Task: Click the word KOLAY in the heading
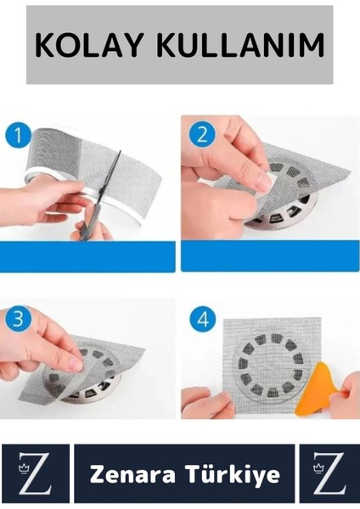coord(88,45)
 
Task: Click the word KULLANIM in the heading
coord(240,45)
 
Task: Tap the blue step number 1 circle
coord(18,135)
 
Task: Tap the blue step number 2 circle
coord(202,134)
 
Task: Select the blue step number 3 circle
coord(18,319)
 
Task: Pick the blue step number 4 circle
coord(203,320)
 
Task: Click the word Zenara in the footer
coord(132,474)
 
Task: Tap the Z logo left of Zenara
coord(36,473)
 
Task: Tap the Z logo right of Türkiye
coord(329,473)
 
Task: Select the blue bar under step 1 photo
coord(87,256)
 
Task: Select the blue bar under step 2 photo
coord(270,256)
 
